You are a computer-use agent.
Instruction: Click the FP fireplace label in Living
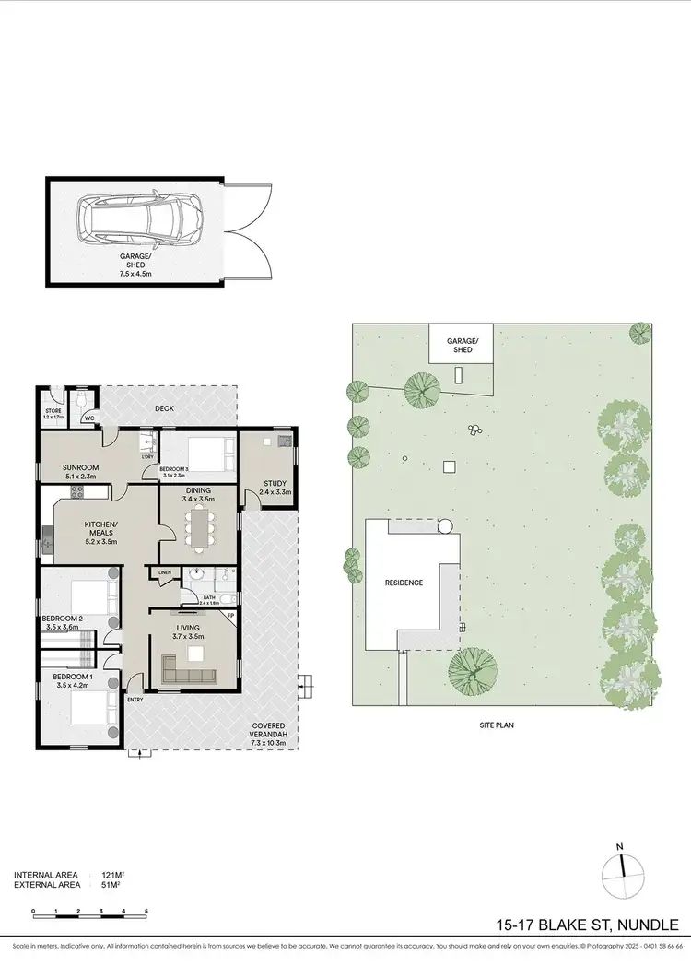pos(231,615)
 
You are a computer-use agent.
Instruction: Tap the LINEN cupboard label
pos(165,572)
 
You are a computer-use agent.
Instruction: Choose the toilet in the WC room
pos(83,398)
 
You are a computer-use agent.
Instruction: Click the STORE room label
pos(53,411)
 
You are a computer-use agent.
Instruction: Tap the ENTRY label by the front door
pos(136,700)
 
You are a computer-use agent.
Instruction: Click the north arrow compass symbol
pos(624,866)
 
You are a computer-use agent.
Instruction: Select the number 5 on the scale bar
pos(146,912)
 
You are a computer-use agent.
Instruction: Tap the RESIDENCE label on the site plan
pos(403,583)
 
